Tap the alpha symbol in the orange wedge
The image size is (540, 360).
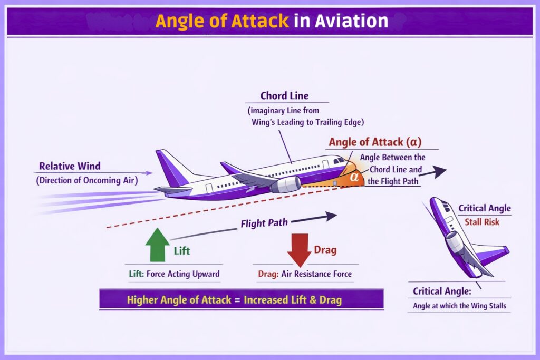(x=355, y=177)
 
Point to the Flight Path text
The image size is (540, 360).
(x=264, y=223)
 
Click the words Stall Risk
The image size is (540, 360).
(x=481, y=222)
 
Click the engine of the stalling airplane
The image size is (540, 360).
(x=455, y=243)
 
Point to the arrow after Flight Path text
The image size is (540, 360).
(x=314, y=217)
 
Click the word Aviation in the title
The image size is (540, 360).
(x=351, y=21)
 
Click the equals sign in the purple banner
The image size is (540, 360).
(x=237, y=300)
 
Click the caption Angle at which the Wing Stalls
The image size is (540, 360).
(x=458, y=306)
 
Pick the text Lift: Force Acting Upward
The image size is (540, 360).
(x=174, y=274)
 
